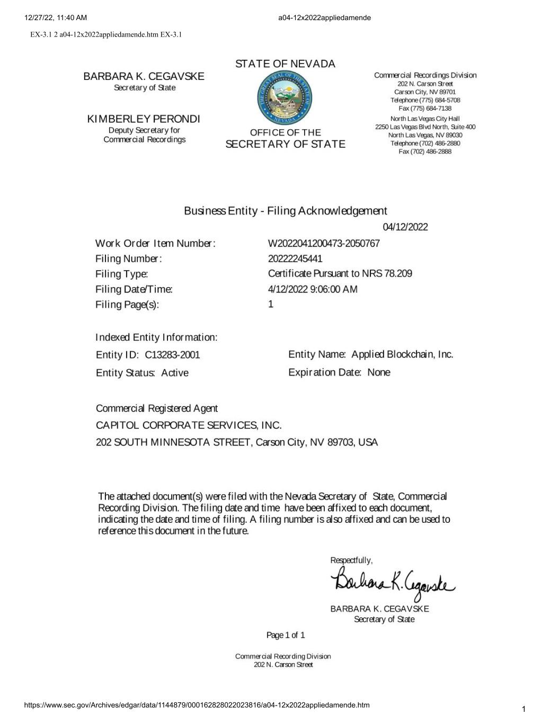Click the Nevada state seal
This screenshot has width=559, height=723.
coord(285,99)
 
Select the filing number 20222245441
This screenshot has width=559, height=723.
coord(295,258)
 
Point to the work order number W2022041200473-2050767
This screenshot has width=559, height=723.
coord(324,243)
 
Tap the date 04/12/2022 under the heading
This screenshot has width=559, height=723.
coord(405,227)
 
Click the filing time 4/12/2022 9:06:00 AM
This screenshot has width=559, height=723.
coord(313,289)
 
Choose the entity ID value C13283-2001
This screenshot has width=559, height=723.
coord(172,355)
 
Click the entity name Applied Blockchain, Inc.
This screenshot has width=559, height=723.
coord(402,354)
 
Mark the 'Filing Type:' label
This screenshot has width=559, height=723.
coord(121,274)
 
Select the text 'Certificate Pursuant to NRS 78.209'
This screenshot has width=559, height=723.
coord(340,274)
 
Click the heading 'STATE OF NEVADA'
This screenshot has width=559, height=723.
coord(285,64)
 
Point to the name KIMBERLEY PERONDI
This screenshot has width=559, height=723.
coord(144,119)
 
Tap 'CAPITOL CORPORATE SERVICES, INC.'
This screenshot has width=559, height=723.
coord(189,425)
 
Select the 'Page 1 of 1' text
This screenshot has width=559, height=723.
coord(286,635)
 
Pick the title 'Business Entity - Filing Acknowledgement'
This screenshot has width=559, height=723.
coord(285,211)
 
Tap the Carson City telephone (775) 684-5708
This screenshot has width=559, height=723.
coord(425,100)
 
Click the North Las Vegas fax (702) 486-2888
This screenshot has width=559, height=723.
coord(425,151)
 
